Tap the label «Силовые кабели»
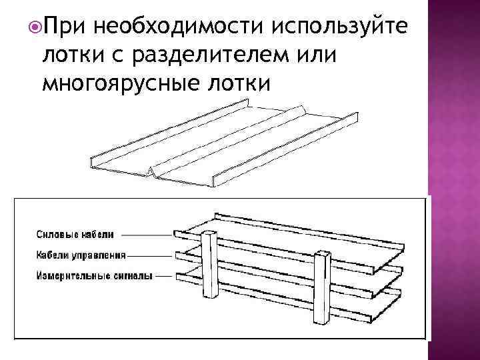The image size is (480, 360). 75,234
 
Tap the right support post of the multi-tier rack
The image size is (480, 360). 323,293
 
